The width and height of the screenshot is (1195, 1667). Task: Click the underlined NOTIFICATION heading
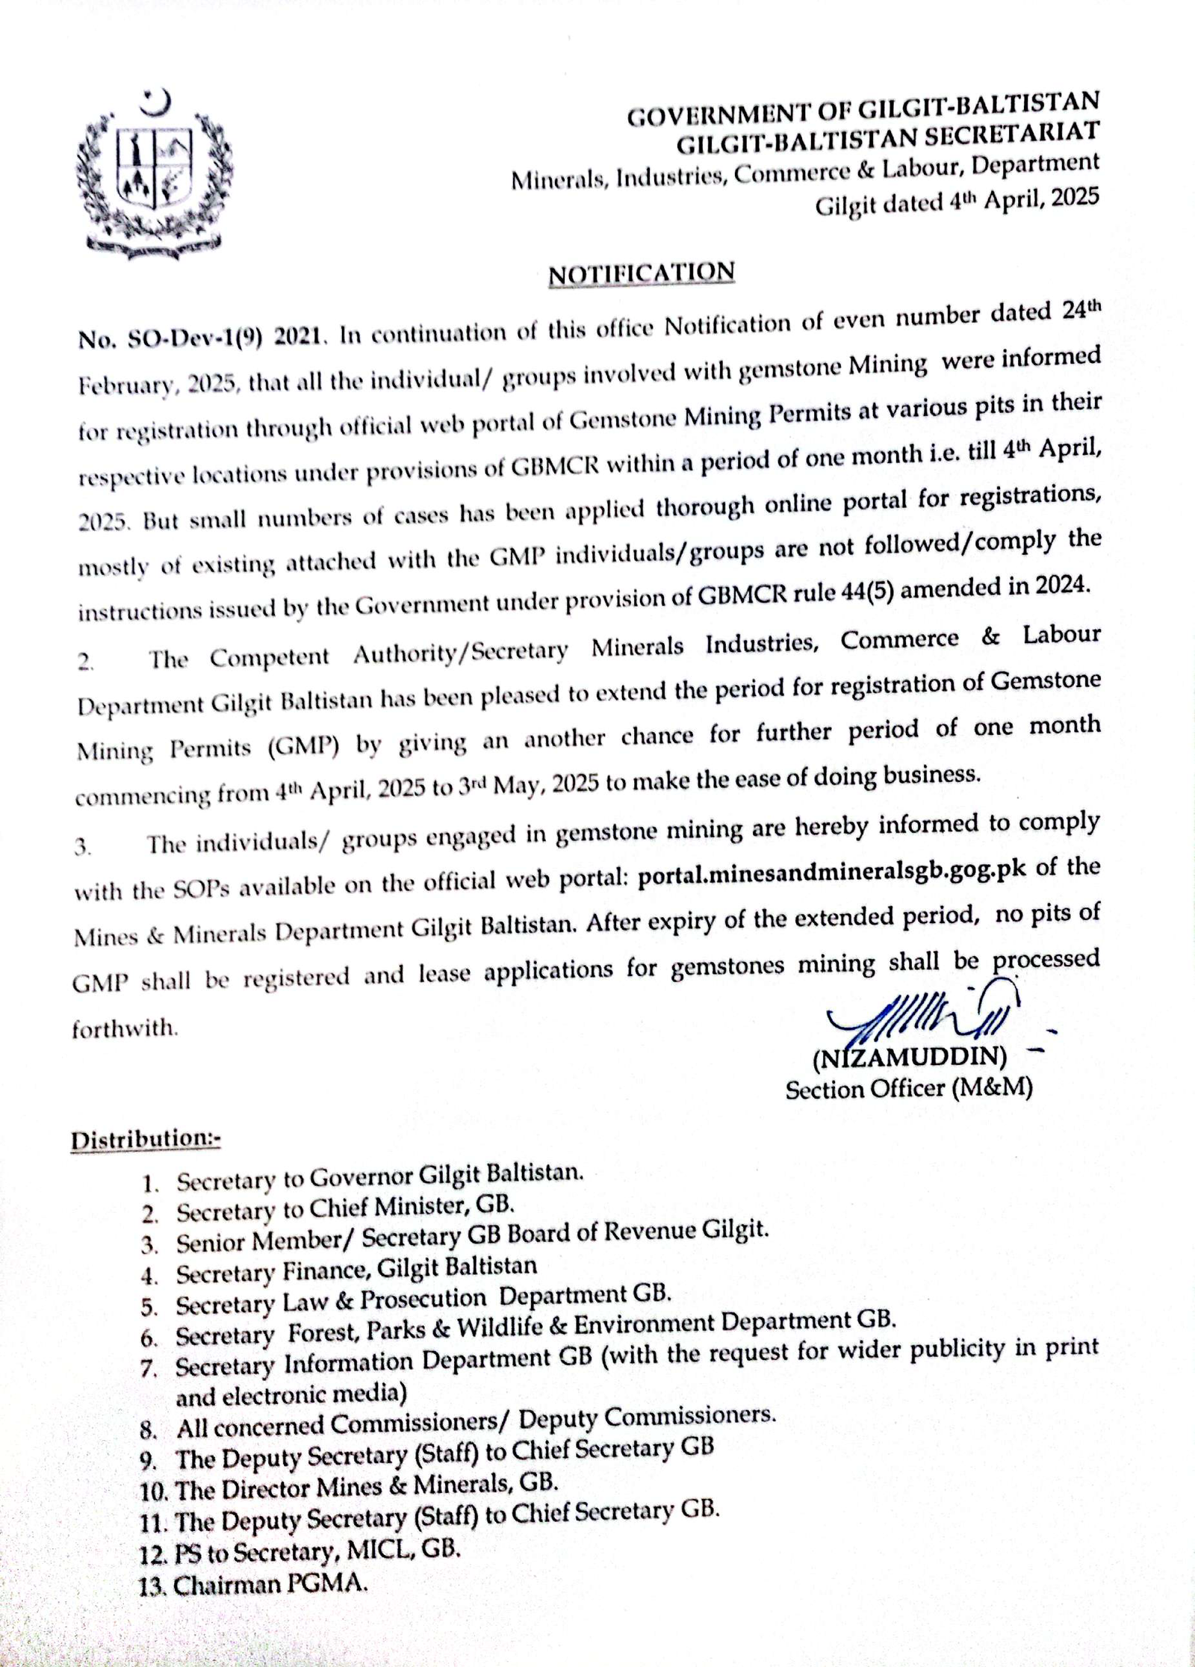pos(642,273)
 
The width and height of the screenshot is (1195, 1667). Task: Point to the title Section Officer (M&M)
pos(908,1090)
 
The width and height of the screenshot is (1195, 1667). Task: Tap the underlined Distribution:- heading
pos(146,1140)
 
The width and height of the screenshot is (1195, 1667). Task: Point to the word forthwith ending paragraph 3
pos(125,1029)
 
